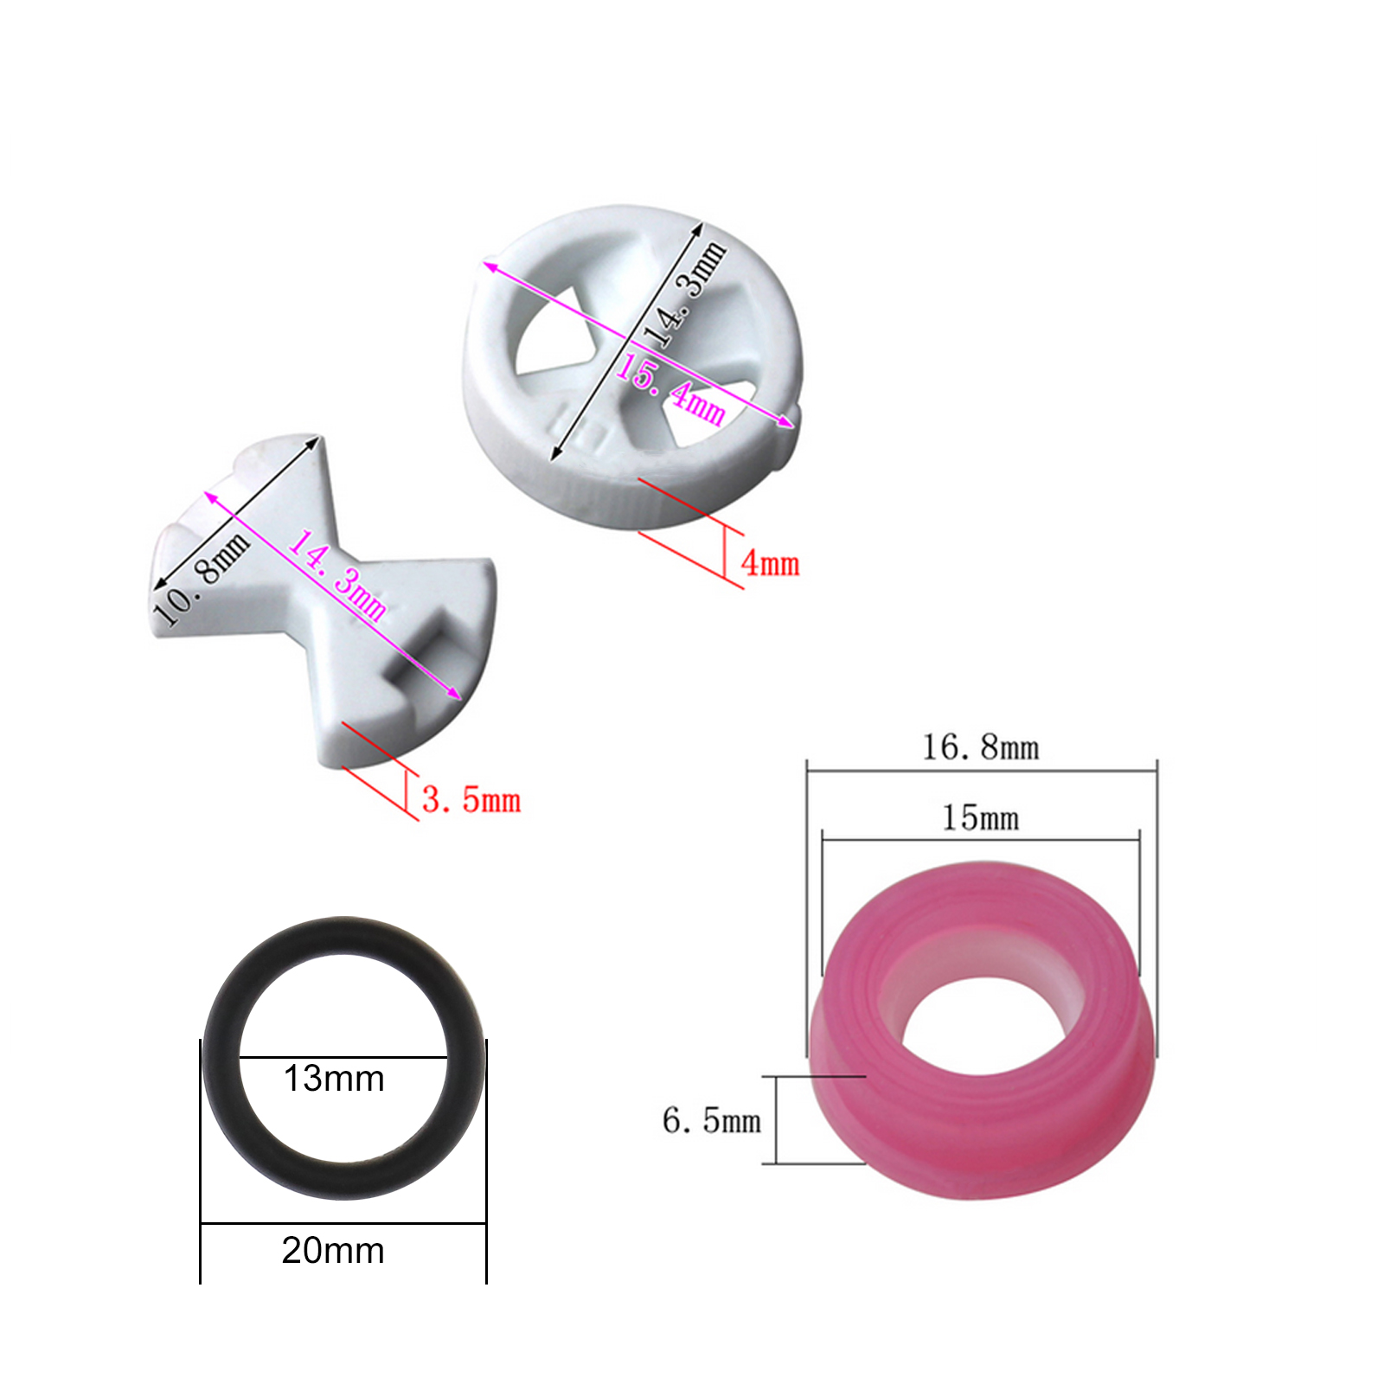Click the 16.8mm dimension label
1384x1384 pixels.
click(980, 747)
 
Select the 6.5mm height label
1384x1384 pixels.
click(711, 1121)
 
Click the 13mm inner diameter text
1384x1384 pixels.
click(334, 1079)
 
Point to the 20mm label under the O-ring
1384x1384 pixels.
click(333, 1251)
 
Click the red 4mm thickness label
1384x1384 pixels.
click(770, 564)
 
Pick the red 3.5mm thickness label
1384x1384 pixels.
click(471, 800)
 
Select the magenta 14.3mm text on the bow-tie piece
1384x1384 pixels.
click(337, 575)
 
